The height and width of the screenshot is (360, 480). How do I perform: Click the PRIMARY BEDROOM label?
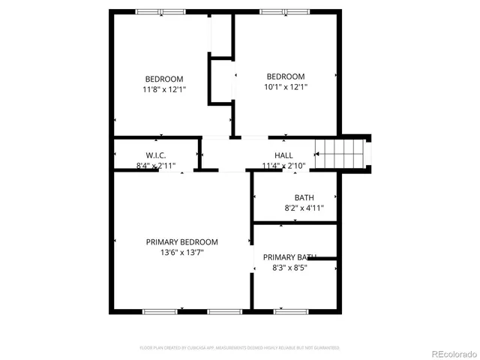(x=181, y=242)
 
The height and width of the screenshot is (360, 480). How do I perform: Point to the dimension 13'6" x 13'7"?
(x=181, y=253)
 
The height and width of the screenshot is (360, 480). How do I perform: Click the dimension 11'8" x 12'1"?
(x=163, y=89)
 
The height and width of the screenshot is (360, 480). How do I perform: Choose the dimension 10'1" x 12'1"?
(x=286, y=87)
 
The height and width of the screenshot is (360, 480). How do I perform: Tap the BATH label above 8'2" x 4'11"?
(x=293, y=198)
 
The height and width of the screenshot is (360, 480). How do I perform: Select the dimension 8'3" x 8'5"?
(x=289, y=267)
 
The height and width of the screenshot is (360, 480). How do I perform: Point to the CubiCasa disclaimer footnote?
(x=239, y=348)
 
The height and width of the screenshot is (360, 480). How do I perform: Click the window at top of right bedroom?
(x=283, y=11)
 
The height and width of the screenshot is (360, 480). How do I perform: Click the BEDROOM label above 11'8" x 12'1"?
(x=163, y=79)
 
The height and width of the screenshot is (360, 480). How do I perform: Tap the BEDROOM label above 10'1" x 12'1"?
(x=286, y=76)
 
